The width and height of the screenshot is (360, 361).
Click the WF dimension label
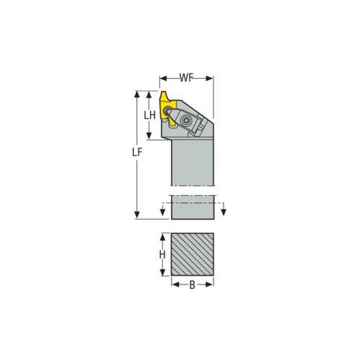point(186,76)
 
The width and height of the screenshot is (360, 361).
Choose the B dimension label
point(192,285)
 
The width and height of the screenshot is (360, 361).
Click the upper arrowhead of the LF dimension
point(137,95)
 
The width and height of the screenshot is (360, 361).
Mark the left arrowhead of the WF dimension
point(162,77)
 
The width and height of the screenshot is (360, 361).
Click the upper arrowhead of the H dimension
point(162,235)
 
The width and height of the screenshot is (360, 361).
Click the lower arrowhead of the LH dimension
point(149,135)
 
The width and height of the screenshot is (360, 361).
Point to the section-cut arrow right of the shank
point(224,210)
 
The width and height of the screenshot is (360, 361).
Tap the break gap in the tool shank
point(192,191)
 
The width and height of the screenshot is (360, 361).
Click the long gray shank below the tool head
point(192,162)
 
